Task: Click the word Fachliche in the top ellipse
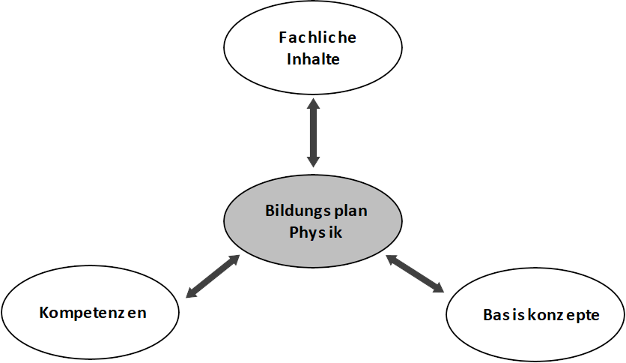pos(317,37)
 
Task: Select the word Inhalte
pos(313,58)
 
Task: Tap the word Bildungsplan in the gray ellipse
pos(316,211)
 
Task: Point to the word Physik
pos(315,232)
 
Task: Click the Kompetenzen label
pos(93,312)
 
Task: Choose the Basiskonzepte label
pos(541,314)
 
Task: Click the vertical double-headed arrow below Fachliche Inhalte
pos(313,134)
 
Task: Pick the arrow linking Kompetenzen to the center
pos(213,276)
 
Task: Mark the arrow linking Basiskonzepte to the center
pos(415,273)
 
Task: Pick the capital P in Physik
pos(294,232)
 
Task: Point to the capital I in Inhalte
pos(289,58)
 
